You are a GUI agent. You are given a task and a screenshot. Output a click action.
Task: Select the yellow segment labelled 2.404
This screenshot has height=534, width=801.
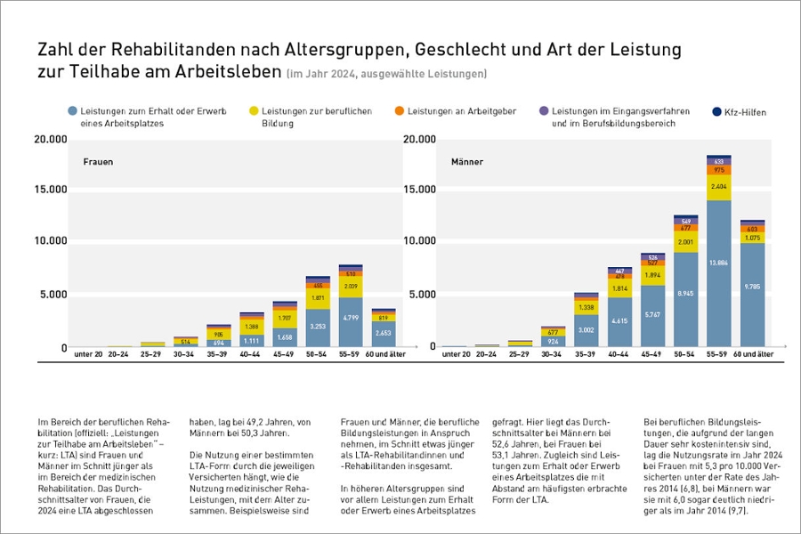(x=719, y=188)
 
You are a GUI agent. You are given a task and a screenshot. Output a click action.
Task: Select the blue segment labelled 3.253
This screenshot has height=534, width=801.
(x=318, y=327)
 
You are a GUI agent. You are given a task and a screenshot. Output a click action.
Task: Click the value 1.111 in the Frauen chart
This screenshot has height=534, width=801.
(x=252, y=340)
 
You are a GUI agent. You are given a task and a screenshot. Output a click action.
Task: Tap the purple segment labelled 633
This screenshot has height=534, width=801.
(x=719, y=161)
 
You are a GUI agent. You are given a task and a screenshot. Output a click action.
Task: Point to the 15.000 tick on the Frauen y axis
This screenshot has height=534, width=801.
(x=50, y=190)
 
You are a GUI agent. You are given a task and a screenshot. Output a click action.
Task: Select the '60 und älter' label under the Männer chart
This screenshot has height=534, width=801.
(x=752, y=354)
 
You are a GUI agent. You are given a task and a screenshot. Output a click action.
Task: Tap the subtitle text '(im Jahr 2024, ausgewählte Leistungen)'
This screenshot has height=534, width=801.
(x=387, y=72)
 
